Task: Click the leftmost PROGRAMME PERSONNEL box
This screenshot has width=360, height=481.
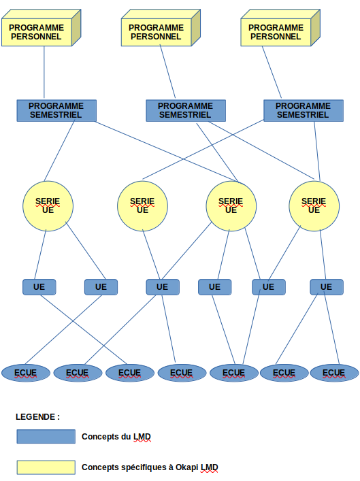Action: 41,28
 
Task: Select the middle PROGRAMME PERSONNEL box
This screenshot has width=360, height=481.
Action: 161,28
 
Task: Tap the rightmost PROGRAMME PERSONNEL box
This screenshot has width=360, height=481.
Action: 280,28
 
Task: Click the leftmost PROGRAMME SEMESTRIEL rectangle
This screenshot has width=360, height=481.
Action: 56,110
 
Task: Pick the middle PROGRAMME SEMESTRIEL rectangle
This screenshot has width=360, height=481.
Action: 186,110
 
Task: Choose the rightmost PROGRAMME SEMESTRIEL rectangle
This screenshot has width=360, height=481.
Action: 304,110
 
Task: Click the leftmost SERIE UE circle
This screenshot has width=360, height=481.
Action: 48,206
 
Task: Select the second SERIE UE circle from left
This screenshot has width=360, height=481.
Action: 142,206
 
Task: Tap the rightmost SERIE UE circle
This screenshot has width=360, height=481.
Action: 314,206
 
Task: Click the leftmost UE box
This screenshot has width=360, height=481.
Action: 39,287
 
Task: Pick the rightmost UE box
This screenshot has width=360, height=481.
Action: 327,287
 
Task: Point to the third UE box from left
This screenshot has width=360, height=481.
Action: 163,287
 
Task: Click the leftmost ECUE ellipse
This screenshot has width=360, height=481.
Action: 26,373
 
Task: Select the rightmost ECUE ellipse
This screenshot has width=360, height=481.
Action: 335,373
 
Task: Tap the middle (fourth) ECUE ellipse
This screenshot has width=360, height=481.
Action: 182,373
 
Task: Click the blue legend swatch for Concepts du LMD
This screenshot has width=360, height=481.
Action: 46,437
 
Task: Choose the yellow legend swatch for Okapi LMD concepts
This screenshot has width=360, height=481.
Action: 46,467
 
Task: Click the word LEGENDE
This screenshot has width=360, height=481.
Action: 35,417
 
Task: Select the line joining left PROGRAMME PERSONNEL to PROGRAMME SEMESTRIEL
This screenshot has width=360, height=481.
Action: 44,72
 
